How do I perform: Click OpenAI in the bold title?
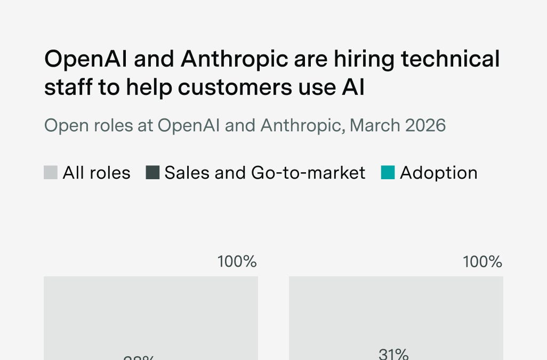click(x=85, y=59)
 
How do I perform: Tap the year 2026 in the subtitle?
click(x=426, y=125)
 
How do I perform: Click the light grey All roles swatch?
click(x=51, y=173)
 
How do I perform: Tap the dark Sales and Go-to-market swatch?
click(x=152, y=173)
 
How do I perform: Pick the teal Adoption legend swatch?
click(x=388, y=173)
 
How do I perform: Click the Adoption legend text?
click(x=439, y=173)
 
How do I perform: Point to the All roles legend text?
click(x=96, y=173)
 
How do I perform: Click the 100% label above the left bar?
click(x=237, y=262)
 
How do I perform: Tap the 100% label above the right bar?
click(x=482, y=262)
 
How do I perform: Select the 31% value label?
click(x=394, y=354)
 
